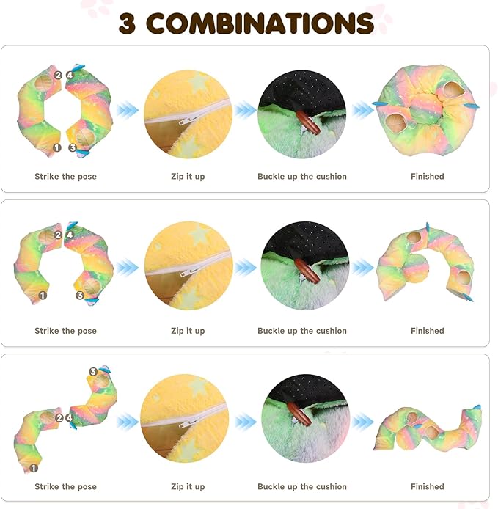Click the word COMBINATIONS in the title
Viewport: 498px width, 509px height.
pos(260,23)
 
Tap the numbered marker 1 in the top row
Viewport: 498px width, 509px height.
pos(57,147)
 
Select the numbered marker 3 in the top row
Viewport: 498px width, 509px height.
pos(73,147)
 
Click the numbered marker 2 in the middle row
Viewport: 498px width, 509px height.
pos(57,235)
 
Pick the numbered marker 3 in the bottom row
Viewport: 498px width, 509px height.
pos(93,372)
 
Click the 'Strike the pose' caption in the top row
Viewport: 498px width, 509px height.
pos(65,177)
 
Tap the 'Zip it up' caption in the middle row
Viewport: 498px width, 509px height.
pos(188,331)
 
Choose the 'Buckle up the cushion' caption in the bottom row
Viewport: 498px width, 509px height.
pos(302,486)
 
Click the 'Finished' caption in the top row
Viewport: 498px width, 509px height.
pos(428,177)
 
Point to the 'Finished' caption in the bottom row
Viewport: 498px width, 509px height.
pos(428,486)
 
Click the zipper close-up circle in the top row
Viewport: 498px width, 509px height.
pos(188,114)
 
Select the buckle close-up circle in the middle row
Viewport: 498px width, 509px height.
pos(304,268)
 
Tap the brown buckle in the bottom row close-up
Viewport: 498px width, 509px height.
pos(299,415)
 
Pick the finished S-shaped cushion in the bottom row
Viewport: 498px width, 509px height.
pos(428,429)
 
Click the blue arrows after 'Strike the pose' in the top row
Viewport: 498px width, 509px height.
pos(128,110)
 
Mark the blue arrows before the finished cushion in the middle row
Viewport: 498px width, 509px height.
pos(362,268)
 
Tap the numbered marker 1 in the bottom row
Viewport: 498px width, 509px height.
pos(33,467)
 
